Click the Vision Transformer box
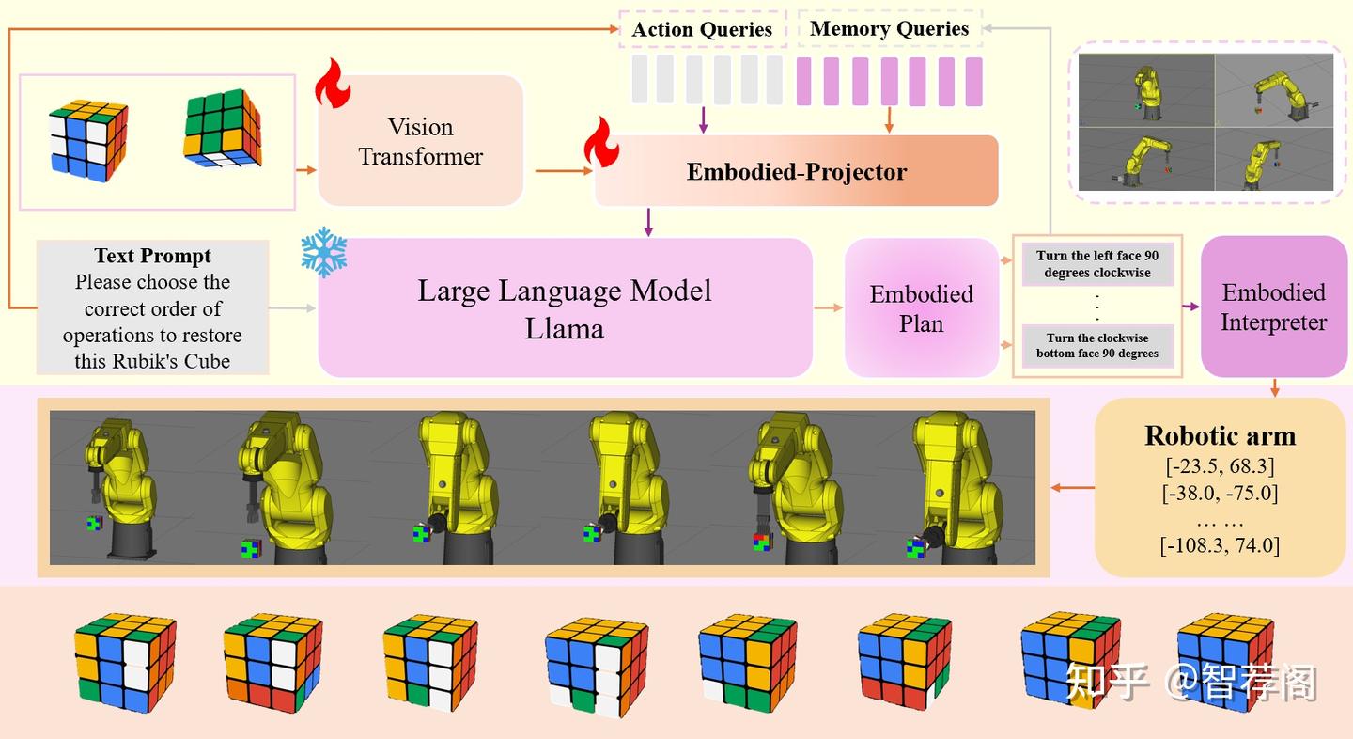pyautogui.click(x=420, y=141)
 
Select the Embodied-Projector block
pyautogui.click(x=796, y=171)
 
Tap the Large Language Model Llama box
pyautogui.click(x=565, y=307)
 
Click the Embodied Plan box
pyautogui.click(x=921, y=308)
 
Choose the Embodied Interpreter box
pyautogui.click(x=1273, y=307)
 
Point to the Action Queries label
pyautogui.click(x=702, y=29)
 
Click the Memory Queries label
pyautogui.click(x=889, y=28)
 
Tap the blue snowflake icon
pyautogui.click(x=324, y=253)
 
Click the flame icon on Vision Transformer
pyautogui.click(x=333, y=84)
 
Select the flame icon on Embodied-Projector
pyautogui.click(x=601, y=142)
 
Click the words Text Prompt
pyautogui.click(x=152, y=256)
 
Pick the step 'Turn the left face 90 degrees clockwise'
pyautogui.click(x=1097, y=264)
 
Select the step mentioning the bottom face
pyautogui.click(x=1097, y=346)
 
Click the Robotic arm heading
pyautogui.click(x=1221, y=435)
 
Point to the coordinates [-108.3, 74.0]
pyautogui.click(x=1221, y=545)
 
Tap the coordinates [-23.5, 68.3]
pyautogui.click(x=1221, y=466)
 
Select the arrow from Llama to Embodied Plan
pyautogui.click(x=828, y=307)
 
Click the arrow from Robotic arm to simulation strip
pyautogui.click(x=1073, y=487)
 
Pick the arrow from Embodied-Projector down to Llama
pyautogui.click(x=648, y=223)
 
